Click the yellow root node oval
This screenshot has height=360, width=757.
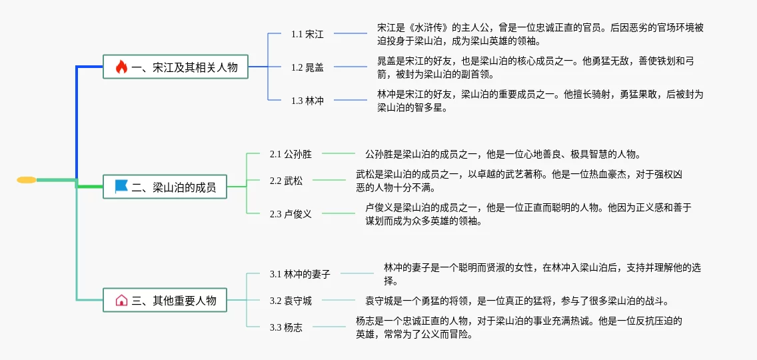pyautogui.click(x=27, y=180)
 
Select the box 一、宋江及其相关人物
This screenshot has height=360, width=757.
pyautogui.click(x=175, y=67)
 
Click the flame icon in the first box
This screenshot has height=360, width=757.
pyautogui.click(x=121, y=67)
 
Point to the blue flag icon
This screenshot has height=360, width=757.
pyautogui.click(x=121, y=187)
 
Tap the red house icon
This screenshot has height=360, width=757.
pyautogui.click(x=121, y=300)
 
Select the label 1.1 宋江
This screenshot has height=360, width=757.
pyautogui.click(x=307, y=34)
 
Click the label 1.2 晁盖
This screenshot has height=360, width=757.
pyautogui.click(x=307, y=67)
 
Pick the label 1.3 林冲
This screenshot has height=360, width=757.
pyautogui.click(x=307, y=101)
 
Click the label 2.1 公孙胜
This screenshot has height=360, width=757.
pyautogui.click(x=291, y=155)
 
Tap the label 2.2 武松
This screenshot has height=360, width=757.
pyautogui.click(x=286, y=181)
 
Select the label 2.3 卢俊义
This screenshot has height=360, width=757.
pyautogui.click(x=291, y=214)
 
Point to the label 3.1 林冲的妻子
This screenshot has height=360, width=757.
pyautogui.click(x=300, y=274)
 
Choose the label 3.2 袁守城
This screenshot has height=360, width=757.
pyautogui.click(x=291, y=301)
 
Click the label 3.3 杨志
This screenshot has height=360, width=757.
pyautogui.click(x=286, y=327)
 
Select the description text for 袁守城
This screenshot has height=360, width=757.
pyautogui.click(x=516, y=301)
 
